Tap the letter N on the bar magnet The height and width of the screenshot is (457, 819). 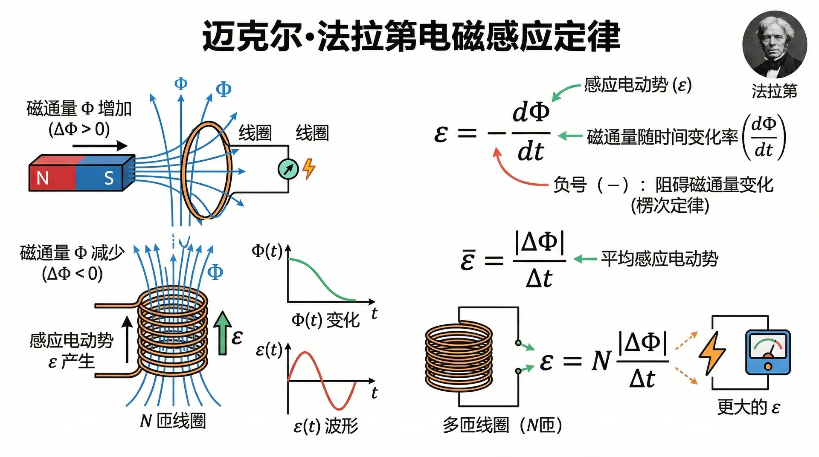[x=43, y=178]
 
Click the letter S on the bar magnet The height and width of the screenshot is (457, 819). [x=109, y=178]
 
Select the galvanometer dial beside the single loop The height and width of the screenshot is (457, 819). [x=288, y=169]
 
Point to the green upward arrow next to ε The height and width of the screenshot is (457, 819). [x=222, y=333]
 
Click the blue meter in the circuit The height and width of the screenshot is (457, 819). [x=768, y=352]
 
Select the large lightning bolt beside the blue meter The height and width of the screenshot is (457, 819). [x=712, y=353]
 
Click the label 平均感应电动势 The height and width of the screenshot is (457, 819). [x=659, y=259]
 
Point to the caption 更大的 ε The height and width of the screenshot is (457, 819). [x=749, y=408]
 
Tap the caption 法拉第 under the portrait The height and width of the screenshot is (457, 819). [x=774, y=91]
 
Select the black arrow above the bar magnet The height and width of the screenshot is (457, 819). [x=100, y=146]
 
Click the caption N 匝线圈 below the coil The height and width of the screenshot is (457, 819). [x=173, y=421]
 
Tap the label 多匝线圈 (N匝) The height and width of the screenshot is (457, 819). [x=502, y=425]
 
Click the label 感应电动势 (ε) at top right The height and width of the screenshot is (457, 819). [x=638, y=85]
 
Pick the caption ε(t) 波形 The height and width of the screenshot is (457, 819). [x=326, y=426]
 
